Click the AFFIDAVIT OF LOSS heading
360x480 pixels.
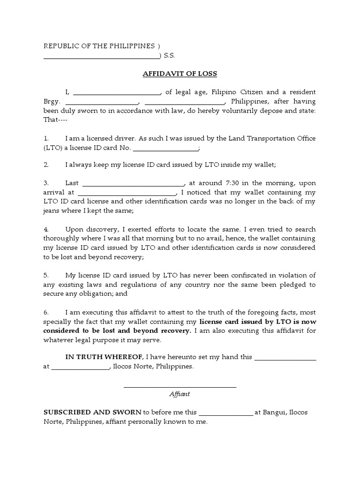pos(180,74)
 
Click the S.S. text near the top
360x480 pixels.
pos(169,55)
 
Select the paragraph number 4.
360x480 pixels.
pos(46,229)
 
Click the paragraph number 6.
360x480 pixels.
pos(46,312)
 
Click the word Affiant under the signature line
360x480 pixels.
pos(180,394)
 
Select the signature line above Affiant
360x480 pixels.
pos(180,387)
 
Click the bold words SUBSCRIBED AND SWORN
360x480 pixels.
pos(92,412)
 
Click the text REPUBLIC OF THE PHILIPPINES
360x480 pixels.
pos(99,46)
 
